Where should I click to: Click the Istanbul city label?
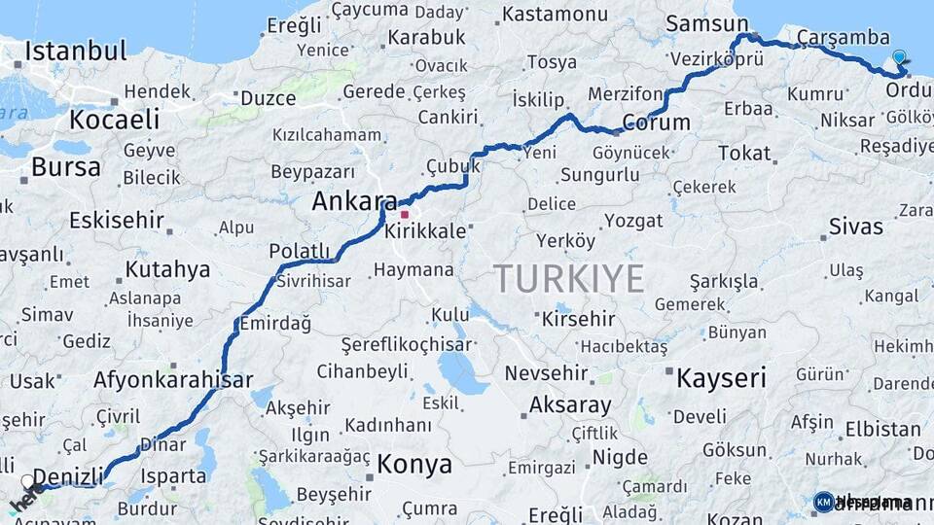pyautogui.click(x=76, y=51)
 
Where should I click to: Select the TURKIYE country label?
pyautogui.click(x=569, y=279)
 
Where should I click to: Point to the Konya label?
pyautogui.click(x=414, y=464)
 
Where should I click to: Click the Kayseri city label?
pyautogui.click(x=721, y=377)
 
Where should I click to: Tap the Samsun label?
pyautogui.click(x=699, y=22)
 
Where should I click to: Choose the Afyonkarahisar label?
pyautogui.click(x=173, y=380)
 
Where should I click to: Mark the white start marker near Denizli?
pyautogui.click(x=27, y=481)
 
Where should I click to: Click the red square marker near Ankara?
pyautogui.click(x=405, y=213)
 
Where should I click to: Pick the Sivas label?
pyautogui.click(x=856, y=227)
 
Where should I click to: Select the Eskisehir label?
pyautogui.click(x=115, y=220)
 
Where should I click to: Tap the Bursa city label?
pyautogui.click(x=65, y=166)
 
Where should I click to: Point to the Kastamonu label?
pyautogui.click(x=556, y=15)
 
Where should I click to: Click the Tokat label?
pyautogui.click(x=744, y=153)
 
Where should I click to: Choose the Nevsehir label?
pyautogui.click(x=546, y=373)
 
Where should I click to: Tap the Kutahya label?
pyautogui.click(x=167, y=269)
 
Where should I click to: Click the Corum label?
pyautogui.click(x=656, y=123)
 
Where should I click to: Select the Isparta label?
pyautogui.click(x=173, y=476)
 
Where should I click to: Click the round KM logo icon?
pyautogui.click(x=823, y=502)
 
